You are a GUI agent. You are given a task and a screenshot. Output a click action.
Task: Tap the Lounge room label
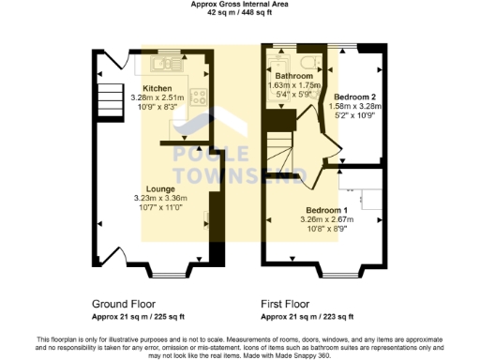160,188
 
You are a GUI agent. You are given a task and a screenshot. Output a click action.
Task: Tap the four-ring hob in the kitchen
198,95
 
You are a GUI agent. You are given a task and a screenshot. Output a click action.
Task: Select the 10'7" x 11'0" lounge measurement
160,208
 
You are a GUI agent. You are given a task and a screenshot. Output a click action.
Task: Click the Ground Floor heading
125,304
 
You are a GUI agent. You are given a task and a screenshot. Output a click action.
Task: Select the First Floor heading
285,304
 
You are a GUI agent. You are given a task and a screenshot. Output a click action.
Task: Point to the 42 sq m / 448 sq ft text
239,14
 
